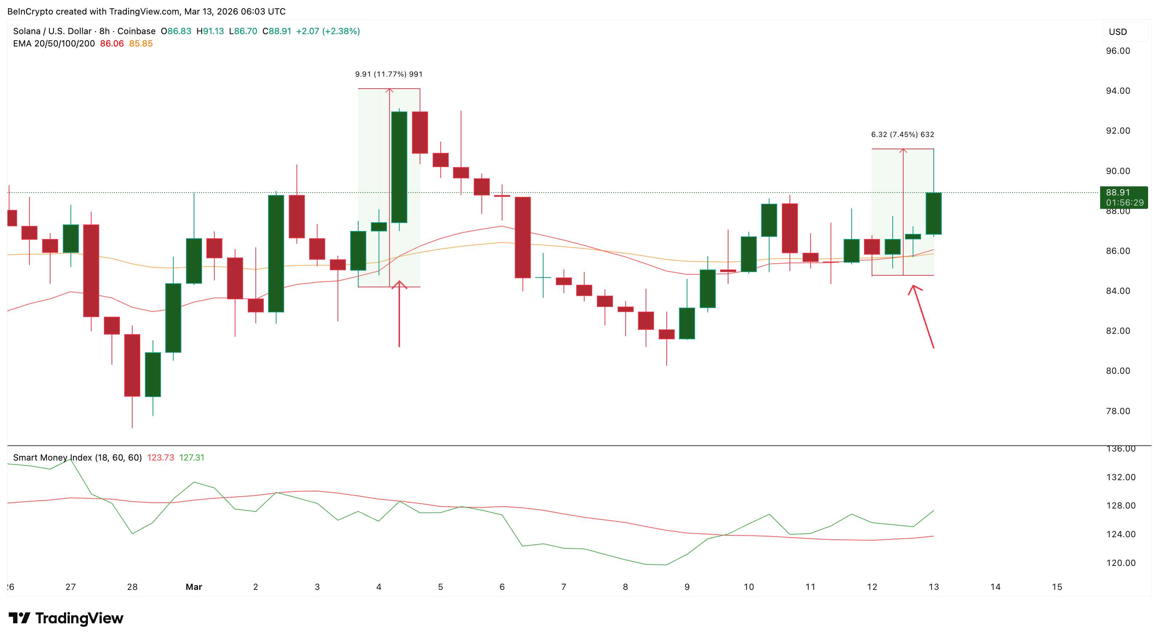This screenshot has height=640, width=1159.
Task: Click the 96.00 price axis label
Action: [x=1118, y=51]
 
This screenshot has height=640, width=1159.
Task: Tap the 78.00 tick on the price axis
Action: [x=1118, y=411]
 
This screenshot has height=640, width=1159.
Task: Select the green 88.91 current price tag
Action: [x=1123, y=197]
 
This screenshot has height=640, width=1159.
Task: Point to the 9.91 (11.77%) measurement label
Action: [x=389, y=74]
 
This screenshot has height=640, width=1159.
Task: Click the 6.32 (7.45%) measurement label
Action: [x=902, y=134]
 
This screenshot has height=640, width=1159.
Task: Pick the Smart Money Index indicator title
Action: [x=77, y=457]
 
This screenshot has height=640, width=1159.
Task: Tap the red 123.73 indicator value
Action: [x=161, y=457]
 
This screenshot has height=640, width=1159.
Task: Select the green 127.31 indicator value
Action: [x=192, y=457]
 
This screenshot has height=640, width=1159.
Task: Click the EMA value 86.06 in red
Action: [x=112, y=44]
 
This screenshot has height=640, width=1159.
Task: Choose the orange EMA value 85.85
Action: [x=141, y=44]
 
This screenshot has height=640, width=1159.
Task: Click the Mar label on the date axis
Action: [x=194, y=587]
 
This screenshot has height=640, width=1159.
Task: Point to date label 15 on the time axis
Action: [x=1057, y=587]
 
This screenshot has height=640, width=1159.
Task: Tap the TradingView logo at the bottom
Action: [x=66, y=619]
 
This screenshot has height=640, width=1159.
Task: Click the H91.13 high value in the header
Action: [x=210, y=31]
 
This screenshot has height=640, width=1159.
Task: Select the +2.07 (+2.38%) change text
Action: [x=328, y=31]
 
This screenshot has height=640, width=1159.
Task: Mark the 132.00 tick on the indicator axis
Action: [x=1120, y=477]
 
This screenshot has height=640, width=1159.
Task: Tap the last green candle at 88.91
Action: [x=934, y=213]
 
